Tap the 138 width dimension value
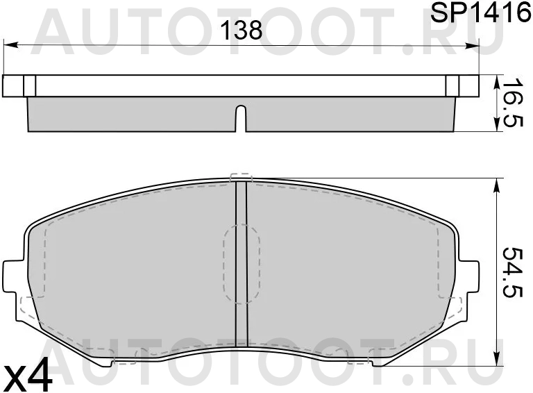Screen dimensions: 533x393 click(x=242, y=30)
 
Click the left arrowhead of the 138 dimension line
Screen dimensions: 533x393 click(x=10, y=45)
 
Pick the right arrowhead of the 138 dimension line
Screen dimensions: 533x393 click(x=472, y=45)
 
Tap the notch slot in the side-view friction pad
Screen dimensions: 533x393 click(x=241, y=118)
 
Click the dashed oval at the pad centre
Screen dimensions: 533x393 click(x=242, y=264)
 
